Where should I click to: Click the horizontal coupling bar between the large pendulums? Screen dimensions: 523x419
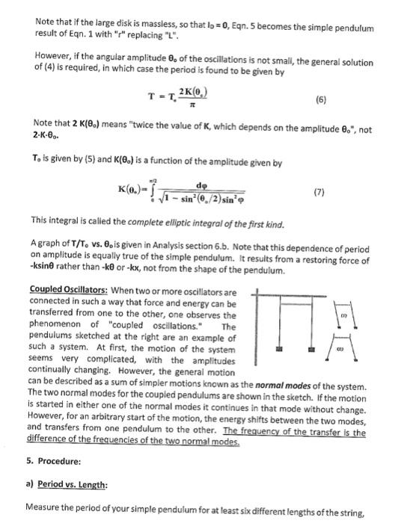304,301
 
